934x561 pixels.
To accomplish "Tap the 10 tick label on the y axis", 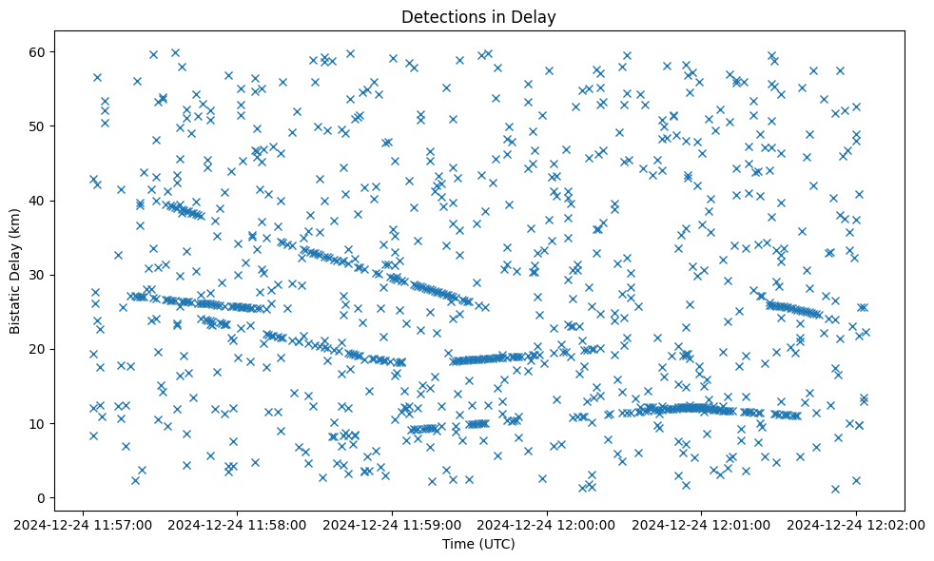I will click(39, 423).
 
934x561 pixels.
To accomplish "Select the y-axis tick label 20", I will click(39, 349).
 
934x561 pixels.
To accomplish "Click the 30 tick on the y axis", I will click(39, 275).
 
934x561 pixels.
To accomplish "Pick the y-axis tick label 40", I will click(39, 201).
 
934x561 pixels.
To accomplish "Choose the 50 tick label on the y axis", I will click(39, 126).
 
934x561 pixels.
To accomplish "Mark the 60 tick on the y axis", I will click(39, 51).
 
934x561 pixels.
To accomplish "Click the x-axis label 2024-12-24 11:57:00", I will click(83, 524).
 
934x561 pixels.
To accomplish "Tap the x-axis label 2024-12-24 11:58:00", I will click(238, 524).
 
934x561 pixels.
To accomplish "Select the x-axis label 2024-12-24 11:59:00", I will click(392, 524).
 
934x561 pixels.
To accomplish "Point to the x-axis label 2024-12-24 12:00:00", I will click(547, 524).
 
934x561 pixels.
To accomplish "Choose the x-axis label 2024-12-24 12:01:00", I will click(702, 524).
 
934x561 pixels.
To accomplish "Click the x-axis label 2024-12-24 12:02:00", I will click(856, 524).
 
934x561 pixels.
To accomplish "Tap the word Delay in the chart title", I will click(535, 17).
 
